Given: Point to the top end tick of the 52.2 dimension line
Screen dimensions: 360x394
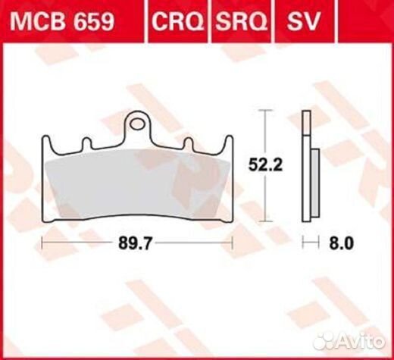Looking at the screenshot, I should coord(264,111).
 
